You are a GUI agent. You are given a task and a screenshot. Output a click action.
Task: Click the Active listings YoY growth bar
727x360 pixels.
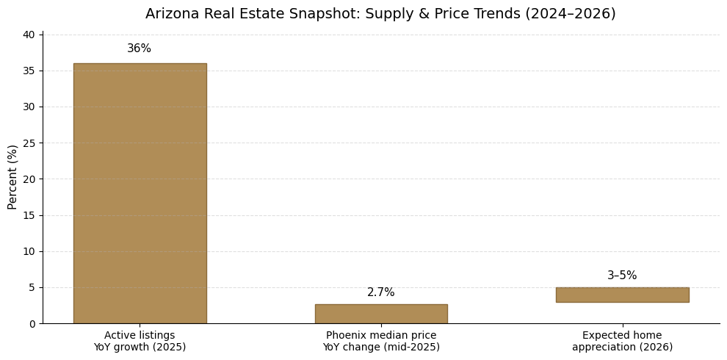coord(140,192)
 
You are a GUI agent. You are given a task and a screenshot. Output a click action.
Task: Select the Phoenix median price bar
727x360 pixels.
coord(381,314)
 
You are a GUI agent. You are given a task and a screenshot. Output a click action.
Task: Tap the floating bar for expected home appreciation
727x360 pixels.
coord(622,295)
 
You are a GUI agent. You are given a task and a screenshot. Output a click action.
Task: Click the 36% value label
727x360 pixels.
coord(140,48)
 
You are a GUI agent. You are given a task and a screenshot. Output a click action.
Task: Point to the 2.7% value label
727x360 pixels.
coord(381,292)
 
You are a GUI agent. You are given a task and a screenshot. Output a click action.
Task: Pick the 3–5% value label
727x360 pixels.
coord(622,276)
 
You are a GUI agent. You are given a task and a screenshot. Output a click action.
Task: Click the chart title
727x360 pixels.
coord(380,14)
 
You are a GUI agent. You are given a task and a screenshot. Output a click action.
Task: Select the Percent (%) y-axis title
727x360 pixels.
coord(13,177)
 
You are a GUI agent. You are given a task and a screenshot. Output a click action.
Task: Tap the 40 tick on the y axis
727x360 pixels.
coord(29,35)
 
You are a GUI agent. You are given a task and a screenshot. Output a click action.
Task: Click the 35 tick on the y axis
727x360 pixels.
coord(29,71)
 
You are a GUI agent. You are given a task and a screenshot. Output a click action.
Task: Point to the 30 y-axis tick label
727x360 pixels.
coord(29,107)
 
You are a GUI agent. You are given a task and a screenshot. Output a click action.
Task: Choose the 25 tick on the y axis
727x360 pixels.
coord(29,143)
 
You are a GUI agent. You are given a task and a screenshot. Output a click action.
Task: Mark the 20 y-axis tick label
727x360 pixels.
coord(29,179)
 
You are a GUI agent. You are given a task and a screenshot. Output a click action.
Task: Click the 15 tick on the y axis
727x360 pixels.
coord(29,215)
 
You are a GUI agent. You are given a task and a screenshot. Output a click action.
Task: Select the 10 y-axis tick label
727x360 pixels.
coord(29,251)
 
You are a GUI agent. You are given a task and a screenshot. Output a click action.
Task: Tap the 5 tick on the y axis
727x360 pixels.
coord(32,287)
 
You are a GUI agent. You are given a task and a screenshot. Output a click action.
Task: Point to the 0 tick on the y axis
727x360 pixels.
coord(32,323)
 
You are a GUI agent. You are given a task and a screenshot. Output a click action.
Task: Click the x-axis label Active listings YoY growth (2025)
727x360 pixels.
coord(140,341)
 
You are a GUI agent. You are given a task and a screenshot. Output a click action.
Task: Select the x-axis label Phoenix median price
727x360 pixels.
coord(381,341)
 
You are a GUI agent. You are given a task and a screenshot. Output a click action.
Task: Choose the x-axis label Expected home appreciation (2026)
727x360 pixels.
coord(622,341)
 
